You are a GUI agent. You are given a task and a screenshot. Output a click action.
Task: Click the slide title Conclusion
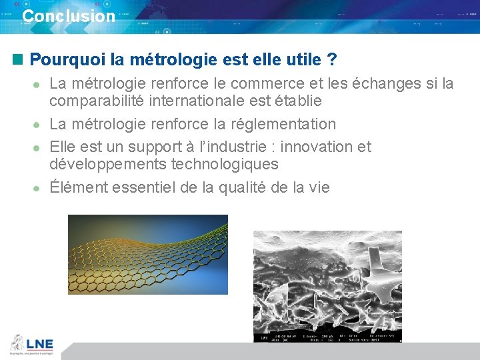[69, 16]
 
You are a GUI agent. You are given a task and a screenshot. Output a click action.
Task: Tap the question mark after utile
[331, 60]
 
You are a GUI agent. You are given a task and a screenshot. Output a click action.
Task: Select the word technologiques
[225, 164]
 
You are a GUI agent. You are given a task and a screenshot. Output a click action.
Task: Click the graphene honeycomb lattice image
[148, 253]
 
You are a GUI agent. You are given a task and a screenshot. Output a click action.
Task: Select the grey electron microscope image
[327, 280]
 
